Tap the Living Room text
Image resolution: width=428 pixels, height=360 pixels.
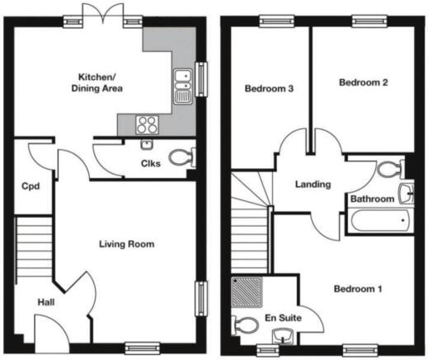pyautogui.click(x=126, y=245)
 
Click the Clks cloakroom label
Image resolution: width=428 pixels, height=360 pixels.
pyautogui.click(x=150, y=162)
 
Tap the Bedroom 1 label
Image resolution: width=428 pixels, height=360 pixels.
pyautogui.click(x=357, y=289)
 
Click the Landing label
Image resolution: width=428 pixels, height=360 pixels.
pyautogui.click(x=313, y=185)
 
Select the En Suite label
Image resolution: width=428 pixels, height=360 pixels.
pyautogui.click(x=283, y=317)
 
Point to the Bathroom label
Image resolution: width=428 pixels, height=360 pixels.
pyautogui.click(x=371, y=199)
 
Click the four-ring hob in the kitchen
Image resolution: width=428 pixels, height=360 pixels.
pyautogui.click(x=147, y=125)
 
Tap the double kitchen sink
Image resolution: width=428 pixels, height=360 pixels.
pyautogui.click(x=183, y=85)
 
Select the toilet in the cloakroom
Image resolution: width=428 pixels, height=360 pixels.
pyautogui.click(x=181, y=157)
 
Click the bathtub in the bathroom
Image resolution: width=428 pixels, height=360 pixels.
pyautogui.click(x=380, y=220)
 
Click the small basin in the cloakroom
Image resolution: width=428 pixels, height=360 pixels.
pyautogui.click(x=147, y=145)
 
